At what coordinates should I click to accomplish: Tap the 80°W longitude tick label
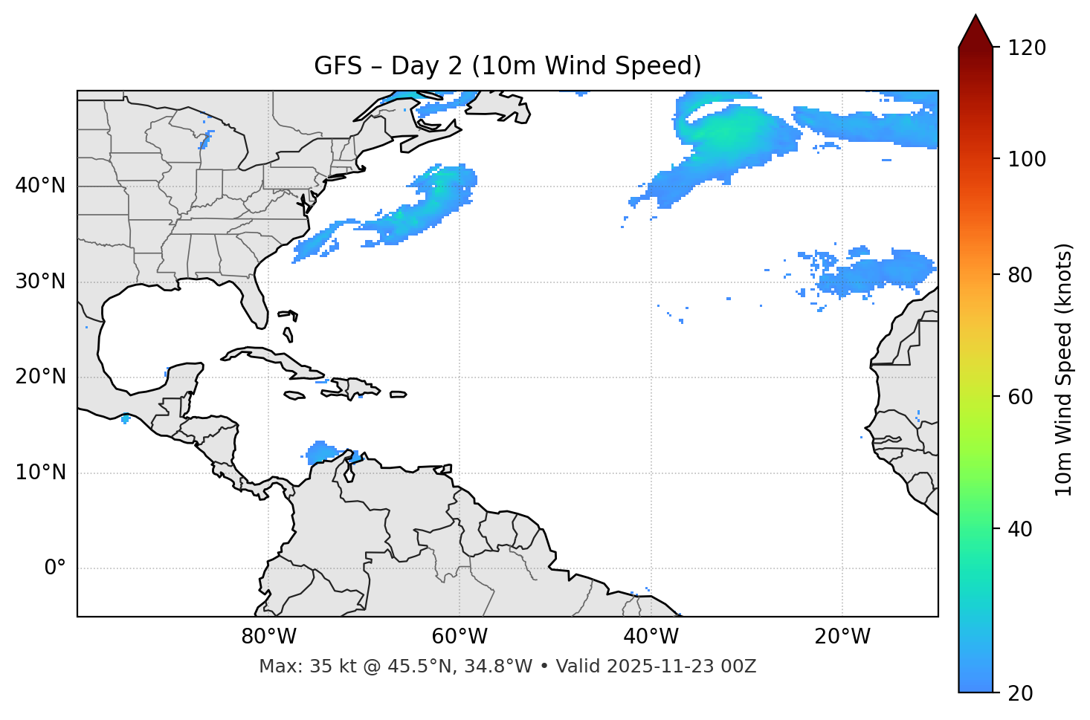(268, 637)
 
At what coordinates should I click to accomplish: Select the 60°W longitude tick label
(459, 637)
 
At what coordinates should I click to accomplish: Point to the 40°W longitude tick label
(651, 637)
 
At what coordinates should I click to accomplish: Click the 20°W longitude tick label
(842, 637)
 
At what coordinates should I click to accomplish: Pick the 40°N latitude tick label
(40, 186)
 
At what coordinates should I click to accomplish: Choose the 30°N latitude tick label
(40, 282)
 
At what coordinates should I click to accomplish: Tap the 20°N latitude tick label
(40, 377)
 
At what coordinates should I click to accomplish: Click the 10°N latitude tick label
(40, 473)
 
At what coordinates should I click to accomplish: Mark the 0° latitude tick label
(54, 568)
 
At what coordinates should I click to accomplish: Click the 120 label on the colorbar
(1026, 48)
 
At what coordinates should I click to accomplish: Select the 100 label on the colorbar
(1026, 159)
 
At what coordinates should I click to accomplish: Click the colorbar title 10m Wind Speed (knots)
(1064, 369)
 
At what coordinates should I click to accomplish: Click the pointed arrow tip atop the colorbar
(975, 18)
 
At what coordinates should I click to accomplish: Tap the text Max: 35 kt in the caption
(293, 667)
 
